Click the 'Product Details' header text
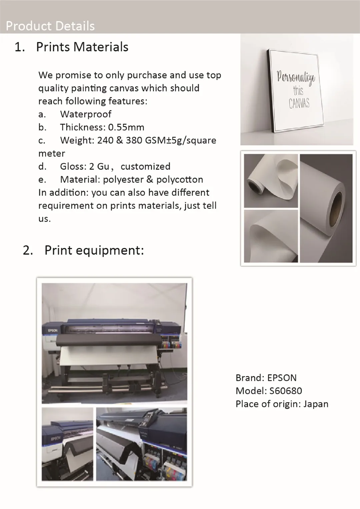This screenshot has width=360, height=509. click(x=50, y=26)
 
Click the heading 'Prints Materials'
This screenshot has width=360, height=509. click(x=82, y=47)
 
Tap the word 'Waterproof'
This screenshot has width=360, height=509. click(x=86, y=114)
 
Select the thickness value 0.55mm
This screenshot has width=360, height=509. click(x=126, y=127)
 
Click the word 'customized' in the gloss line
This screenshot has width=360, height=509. click(x=145, y=166)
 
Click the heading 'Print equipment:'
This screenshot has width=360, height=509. click(x=94, y=250)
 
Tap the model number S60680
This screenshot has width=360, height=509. click(x=286, y=391)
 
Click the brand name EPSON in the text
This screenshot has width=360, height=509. click(x=282, y=378)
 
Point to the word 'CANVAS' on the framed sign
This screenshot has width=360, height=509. click(x=299, y=103)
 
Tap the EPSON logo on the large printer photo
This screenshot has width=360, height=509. click(x=53, y=330)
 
